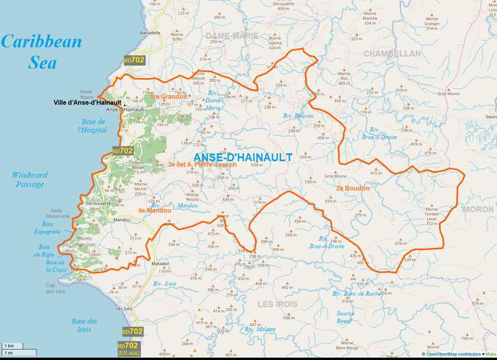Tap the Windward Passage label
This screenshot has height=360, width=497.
coord(30,179)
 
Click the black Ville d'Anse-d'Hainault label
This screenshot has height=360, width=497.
coord(87,102)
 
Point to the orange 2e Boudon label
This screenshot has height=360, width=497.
coord(353,188)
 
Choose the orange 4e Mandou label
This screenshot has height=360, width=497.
coord(154,210)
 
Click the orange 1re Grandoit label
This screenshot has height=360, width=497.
coord(169,97)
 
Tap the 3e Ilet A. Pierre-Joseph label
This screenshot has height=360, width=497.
coord(202,165)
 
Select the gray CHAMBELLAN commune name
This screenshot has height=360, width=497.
coord(392,54)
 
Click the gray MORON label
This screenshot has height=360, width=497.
coord(477,209)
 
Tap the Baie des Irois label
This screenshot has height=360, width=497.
coord(84,325)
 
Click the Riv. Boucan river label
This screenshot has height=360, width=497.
coord(298,116)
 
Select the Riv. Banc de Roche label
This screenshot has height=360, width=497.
coord(357,294)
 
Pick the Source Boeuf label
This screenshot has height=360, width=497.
coord(346,317)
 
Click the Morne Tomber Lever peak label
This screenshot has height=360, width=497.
coord(431,216)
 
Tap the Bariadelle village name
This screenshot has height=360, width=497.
coord(150,33)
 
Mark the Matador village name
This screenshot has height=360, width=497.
coord(160,262)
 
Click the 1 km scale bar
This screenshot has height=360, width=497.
coord(11,345)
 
